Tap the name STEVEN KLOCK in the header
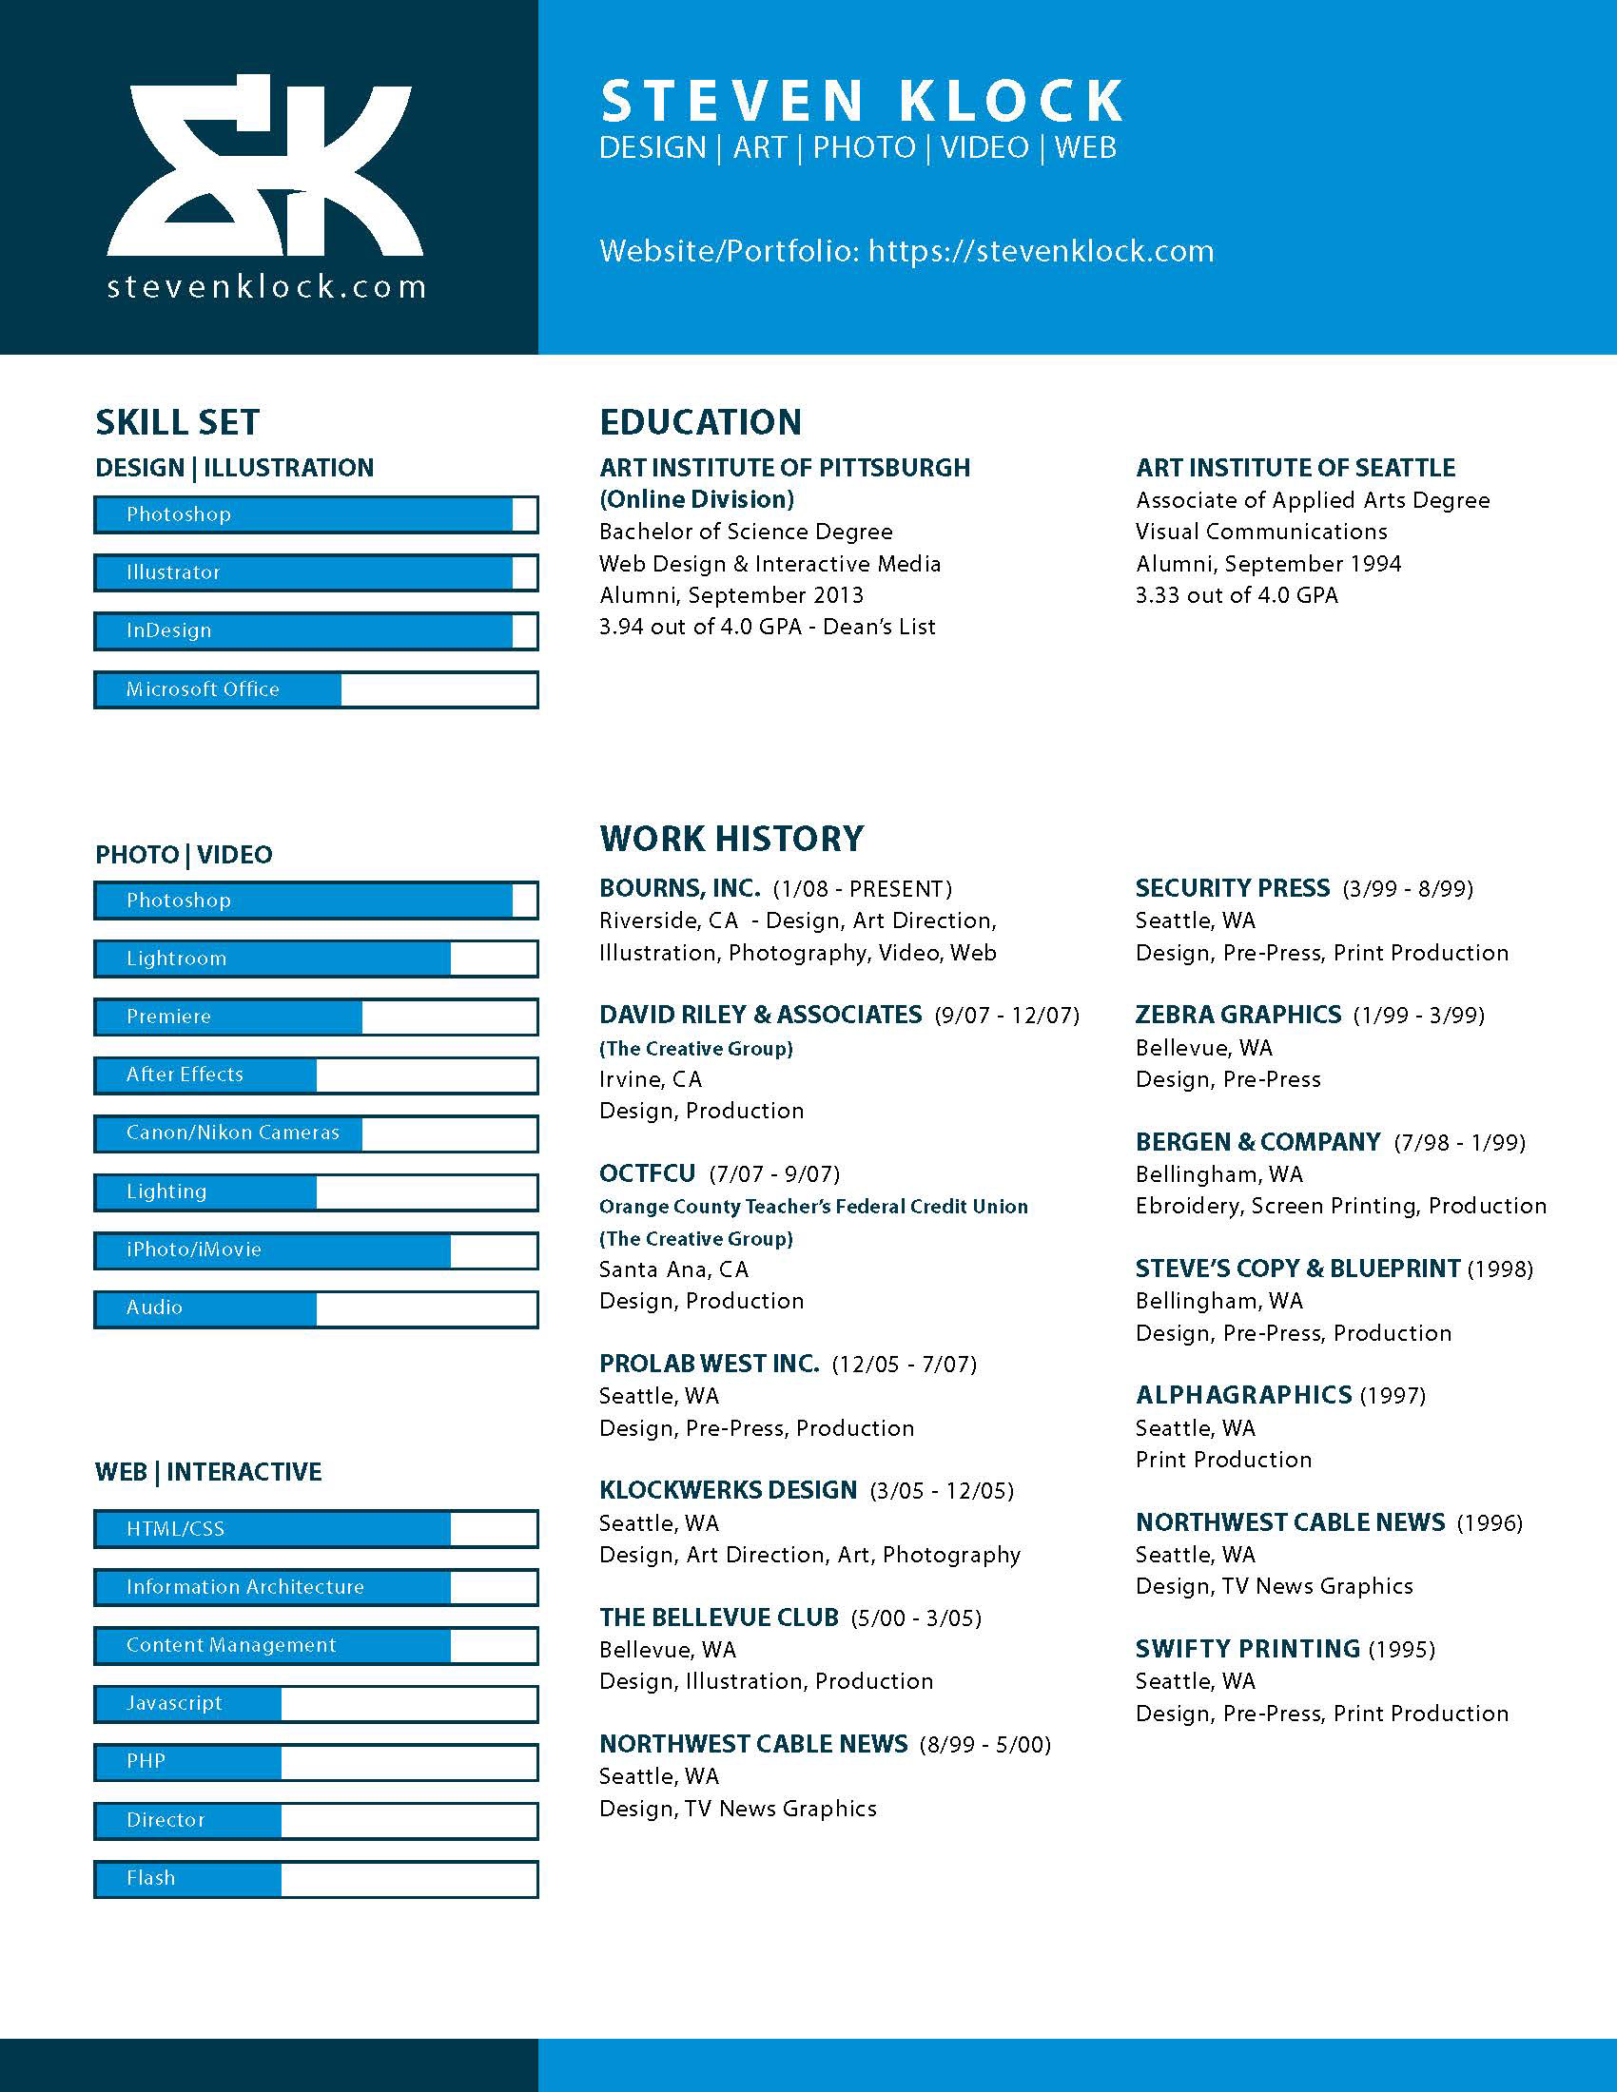pyautogui.click(x=861, y=102)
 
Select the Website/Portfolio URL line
pyautogui.click(x=906, y=251)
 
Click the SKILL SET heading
pyautogui.click(x=177, y=421)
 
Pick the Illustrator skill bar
pyautogui.click(x=315, y=572)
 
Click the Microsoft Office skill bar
pyautogui.click(x=315, y=689)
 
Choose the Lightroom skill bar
pyautogui.click(x=315, y=959)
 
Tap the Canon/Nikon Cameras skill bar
pyautogui.click(x=315, y=1133)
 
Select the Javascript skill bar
pyautogui.click(x=315, y=1703)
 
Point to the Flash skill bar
pyautogui.click(x=315, y=1878)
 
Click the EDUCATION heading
pyautogui.click(x=700, y=421)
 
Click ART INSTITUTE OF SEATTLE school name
pyautogui.click(x=1296, y=468)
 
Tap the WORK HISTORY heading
pyautogui.click(x=731, y=838)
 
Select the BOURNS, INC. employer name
pyautogui.click(x=679, y=888)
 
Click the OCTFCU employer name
pyautogui.click(x=647, y=1173)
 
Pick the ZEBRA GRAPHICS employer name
pyautogui.click(x=1237, y=1015)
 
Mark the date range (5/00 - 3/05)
pyautogui.click(x=916, y=1618)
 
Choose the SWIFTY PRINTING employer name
pyautogui.click(x=1247, y=1649)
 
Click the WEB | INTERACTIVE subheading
pyautogui.click(x=208, y=1471)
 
